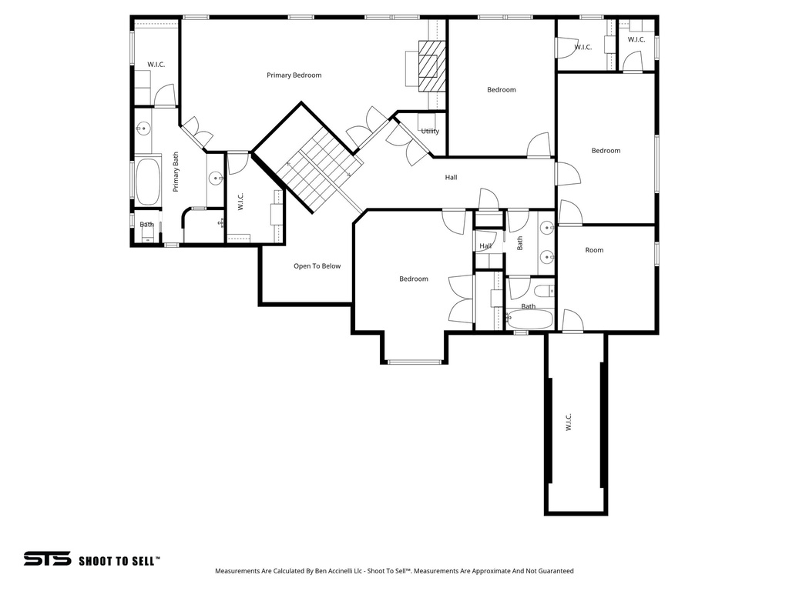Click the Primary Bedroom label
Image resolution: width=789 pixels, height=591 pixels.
pyautogui.click(x=294, y=75)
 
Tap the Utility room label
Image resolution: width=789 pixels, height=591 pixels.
pyautogui.click(x=430, y=132)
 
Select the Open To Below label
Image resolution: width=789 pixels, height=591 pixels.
pyautogui.click(x=317, y=266)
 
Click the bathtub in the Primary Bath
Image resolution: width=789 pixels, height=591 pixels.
pyautogui.click(x=147, y=182)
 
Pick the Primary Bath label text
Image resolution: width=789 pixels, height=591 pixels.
pyautogui.click(x=176, y=171)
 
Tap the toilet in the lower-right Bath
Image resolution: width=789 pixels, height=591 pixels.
pyautogui.click(x=542, y=291)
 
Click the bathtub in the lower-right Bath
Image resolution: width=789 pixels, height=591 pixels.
pyautogui.click(x=529, y=319)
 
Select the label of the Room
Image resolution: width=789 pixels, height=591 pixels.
pyautogui.click(x=594, y=250)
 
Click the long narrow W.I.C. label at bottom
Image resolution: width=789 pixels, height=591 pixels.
pyautogui.click(x=569, y=422)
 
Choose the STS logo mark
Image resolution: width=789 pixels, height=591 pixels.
pyautogui.click(x=47, y=559)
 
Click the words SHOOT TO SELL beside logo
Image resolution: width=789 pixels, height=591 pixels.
pyautogui.click(x=119, y=560)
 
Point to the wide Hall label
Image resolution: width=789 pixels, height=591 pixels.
pyautogui.click(x=451, y=178)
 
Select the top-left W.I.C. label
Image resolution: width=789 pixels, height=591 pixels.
pyautogui.click(x=156, y=65)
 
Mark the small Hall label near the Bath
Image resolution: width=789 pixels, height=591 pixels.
pyautogui.click(x=485, y=246)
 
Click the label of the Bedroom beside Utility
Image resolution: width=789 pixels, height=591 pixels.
pyautogui.click(x=501, y=90)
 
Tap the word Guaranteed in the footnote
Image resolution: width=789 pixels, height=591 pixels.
pyautogui.click(x=554, y=571)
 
